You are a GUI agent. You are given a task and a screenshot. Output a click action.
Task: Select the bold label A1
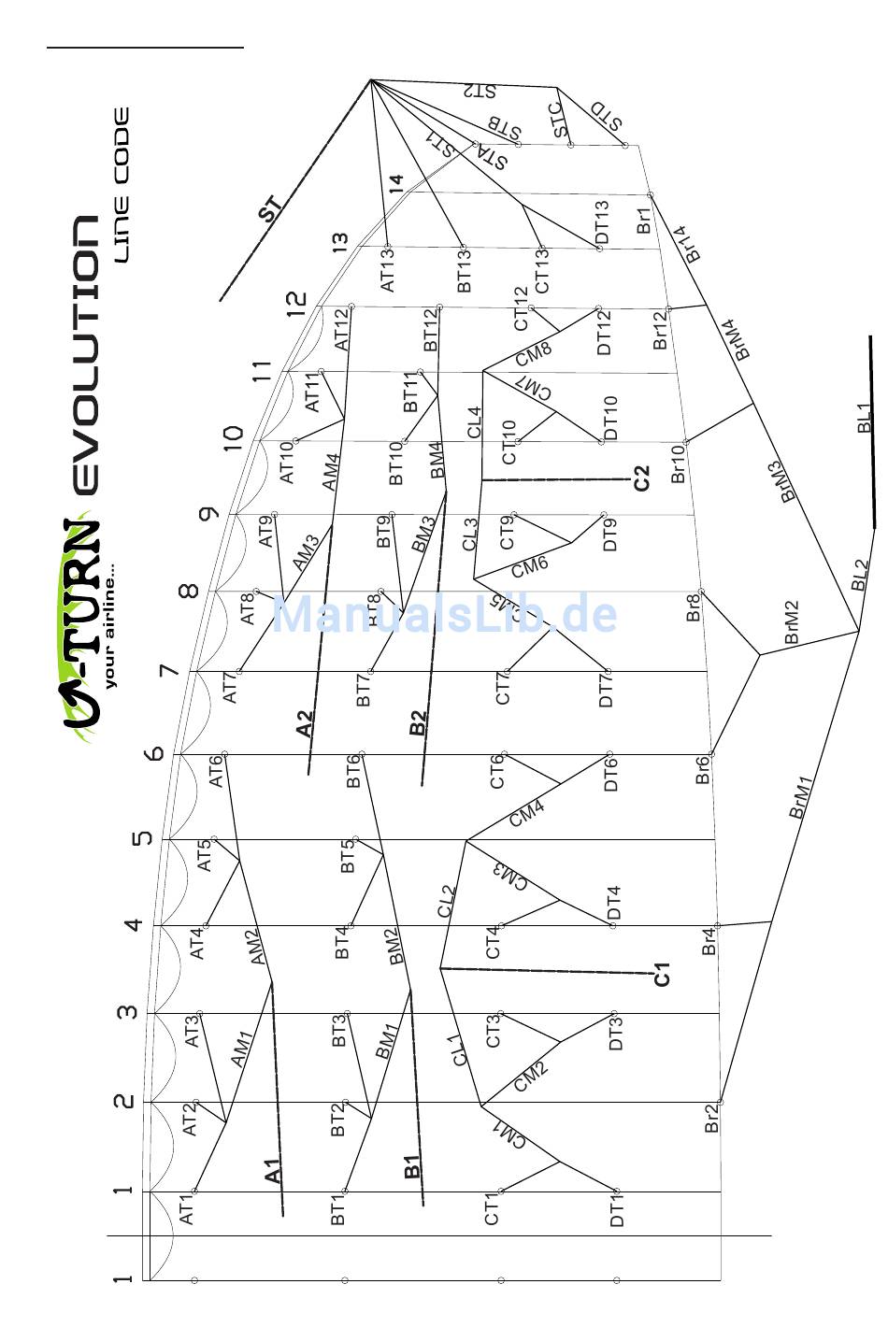[272, 1171]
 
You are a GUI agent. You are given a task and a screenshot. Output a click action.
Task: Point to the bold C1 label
[662, 974]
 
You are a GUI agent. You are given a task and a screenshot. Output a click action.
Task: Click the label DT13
[602, 222]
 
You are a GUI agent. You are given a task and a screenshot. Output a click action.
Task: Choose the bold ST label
[270, 211]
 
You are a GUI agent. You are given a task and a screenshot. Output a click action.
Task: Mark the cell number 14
[396, 183]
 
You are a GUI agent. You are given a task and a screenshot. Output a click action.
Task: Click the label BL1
[864, 417]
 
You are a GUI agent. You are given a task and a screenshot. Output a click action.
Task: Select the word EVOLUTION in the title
[84, 355]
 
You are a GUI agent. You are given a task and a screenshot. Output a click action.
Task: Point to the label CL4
[474, 422]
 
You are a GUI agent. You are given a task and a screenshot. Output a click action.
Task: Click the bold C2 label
[641, 478]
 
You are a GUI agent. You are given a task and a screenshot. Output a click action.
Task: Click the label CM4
[527, 814]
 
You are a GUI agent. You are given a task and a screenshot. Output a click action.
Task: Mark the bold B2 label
[418, 722]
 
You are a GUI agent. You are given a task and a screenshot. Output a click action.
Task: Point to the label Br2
[711, 1119]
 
